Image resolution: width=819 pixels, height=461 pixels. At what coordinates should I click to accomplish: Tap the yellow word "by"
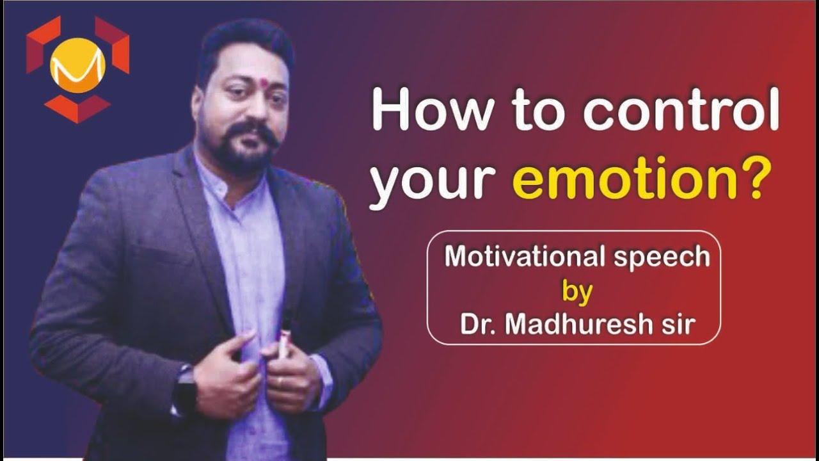(x=577, y=291)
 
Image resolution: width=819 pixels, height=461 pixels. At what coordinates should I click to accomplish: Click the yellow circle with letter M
(x=77, y=65)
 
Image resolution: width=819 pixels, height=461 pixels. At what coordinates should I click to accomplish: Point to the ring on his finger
(x=280, y=381)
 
